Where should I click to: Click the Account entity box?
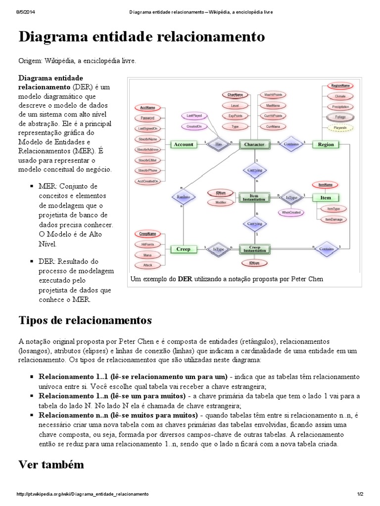[183, 144]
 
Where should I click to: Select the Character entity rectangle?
[255, 144]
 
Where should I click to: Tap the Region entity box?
[326, 144]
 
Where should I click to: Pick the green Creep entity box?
[183, 250]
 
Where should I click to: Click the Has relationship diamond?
[219, 144]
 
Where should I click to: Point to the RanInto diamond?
[183, 197]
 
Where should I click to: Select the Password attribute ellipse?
[147, 118]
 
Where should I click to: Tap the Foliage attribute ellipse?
[340, 117]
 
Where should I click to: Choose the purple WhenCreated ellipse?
[292, 212]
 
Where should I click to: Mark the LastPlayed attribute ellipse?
[193, 115]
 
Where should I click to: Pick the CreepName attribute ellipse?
[147, 233]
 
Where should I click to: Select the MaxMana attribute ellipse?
[273, 105]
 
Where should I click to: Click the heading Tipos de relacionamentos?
[85, 320]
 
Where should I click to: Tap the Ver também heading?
[51, 464]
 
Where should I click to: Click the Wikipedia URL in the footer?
[83, 494]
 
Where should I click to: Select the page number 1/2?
[360, 494]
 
